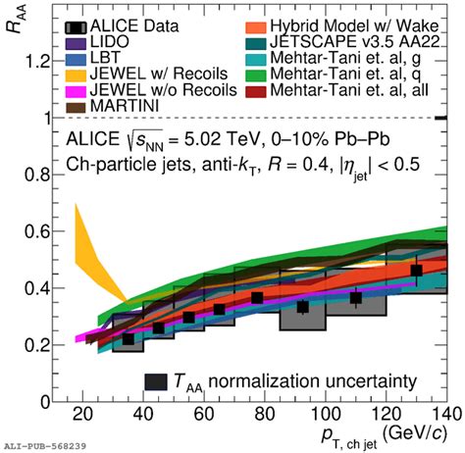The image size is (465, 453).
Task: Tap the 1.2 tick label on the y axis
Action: [34, 62]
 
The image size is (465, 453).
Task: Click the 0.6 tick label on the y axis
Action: [34, 231]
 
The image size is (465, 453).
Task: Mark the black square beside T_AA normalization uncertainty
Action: [155, 380]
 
